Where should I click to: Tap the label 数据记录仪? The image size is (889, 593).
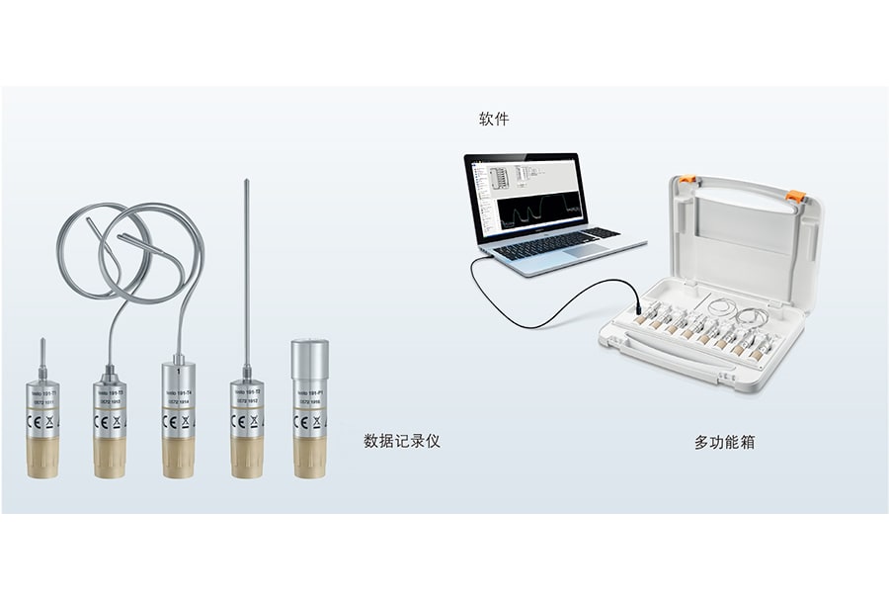coord(401,441)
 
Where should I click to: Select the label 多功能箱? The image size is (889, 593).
coord(724,443)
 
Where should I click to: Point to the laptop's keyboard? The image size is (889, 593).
coord(557,241)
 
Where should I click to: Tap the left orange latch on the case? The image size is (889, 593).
coord(686,180)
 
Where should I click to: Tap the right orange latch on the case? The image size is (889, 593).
coord(794,196)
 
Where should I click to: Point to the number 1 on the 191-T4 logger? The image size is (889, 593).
coord(178,372)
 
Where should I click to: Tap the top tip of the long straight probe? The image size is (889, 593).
coord(246,183)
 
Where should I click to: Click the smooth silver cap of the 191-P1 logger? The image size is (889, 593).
coord(309,359)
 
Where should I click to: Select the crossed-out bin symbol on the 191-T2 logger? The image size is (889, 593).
coord(254,421)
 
